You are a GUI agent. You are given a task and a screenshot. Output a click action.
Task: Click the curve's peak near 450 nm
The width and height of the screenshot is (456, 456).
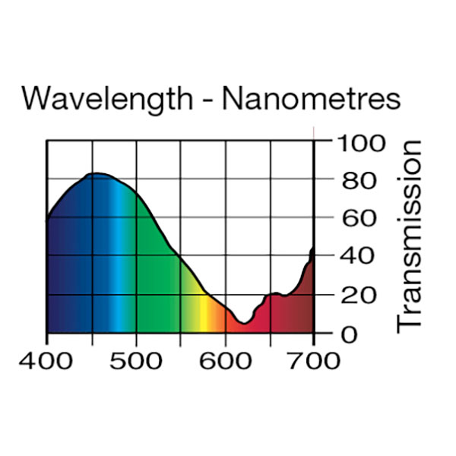tap(95, 173)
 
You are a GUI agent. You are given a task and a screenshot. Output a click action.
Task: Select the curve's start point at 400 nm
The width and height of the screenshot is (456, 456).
tap(47, 219)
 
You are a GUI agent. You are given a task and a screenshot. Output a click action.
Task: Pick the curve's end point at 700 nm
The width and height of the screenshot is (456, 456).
tap(313, 249)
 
